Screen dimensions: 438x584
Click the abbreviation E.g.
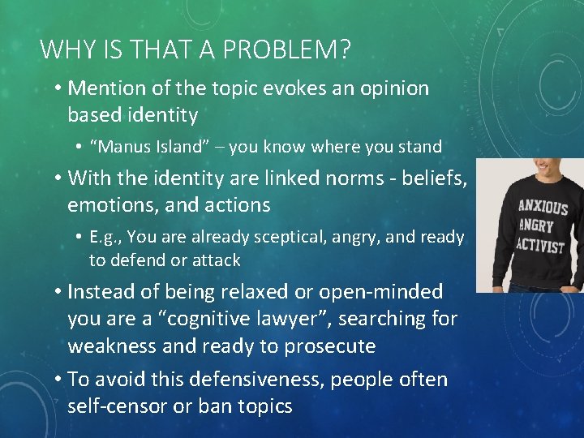click(x=106, y=238)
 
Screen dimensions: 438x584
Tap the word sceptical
click(x=286, y=238)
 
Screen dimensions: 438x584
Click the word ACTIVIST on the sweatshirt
click(x=540, y=246)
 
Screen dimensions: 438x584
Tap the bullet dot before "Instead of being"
click(x=58, y=291)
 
